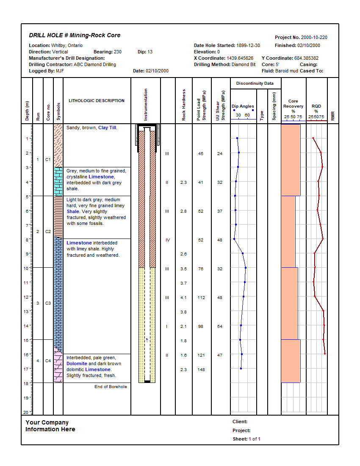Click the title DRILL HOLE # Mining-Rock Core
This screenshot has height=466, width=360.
(x=75, y=36)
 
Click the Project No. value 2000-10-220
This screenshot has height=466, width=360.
(x=313, y=37)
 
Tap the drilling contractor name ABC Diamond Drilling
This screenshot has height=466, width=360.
(x=95, y=64)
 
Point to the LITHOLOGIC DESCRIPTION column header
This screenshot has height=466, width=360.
(x=97, y=101)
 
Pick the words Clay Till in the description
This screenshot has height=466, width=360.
(x=107, y=128)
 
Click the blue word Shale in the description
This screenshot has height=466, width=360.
(x=73, y=211)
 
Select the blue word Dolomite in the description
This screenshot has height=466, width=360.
(x=77, y=363)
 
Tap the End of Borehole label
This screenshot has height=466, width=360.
(x=111, y=386)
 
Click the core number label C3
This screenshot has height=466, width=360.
(x=48, y=303)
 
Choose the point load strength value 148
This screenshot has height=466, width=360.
(x=201, y=369)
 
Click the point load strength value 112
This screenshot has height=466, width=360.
(x=201, y=298)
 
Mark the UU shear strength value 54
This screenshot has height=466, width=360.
(x=219, y=326)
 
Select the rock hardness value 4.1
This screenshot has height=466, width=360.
(x=183, y=298)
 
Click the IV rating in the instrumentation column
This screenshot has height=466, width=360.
(x=168, y=240)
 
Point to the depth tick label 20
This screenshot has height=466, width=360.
(x=26, y=412)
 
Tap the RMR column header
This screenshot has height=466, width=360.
(x=333, y=116)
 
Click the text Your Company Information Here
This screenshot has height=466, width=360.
(x=50, y=426)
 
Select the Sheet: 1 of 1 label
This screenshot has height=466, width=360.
(x=246, y=439)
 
